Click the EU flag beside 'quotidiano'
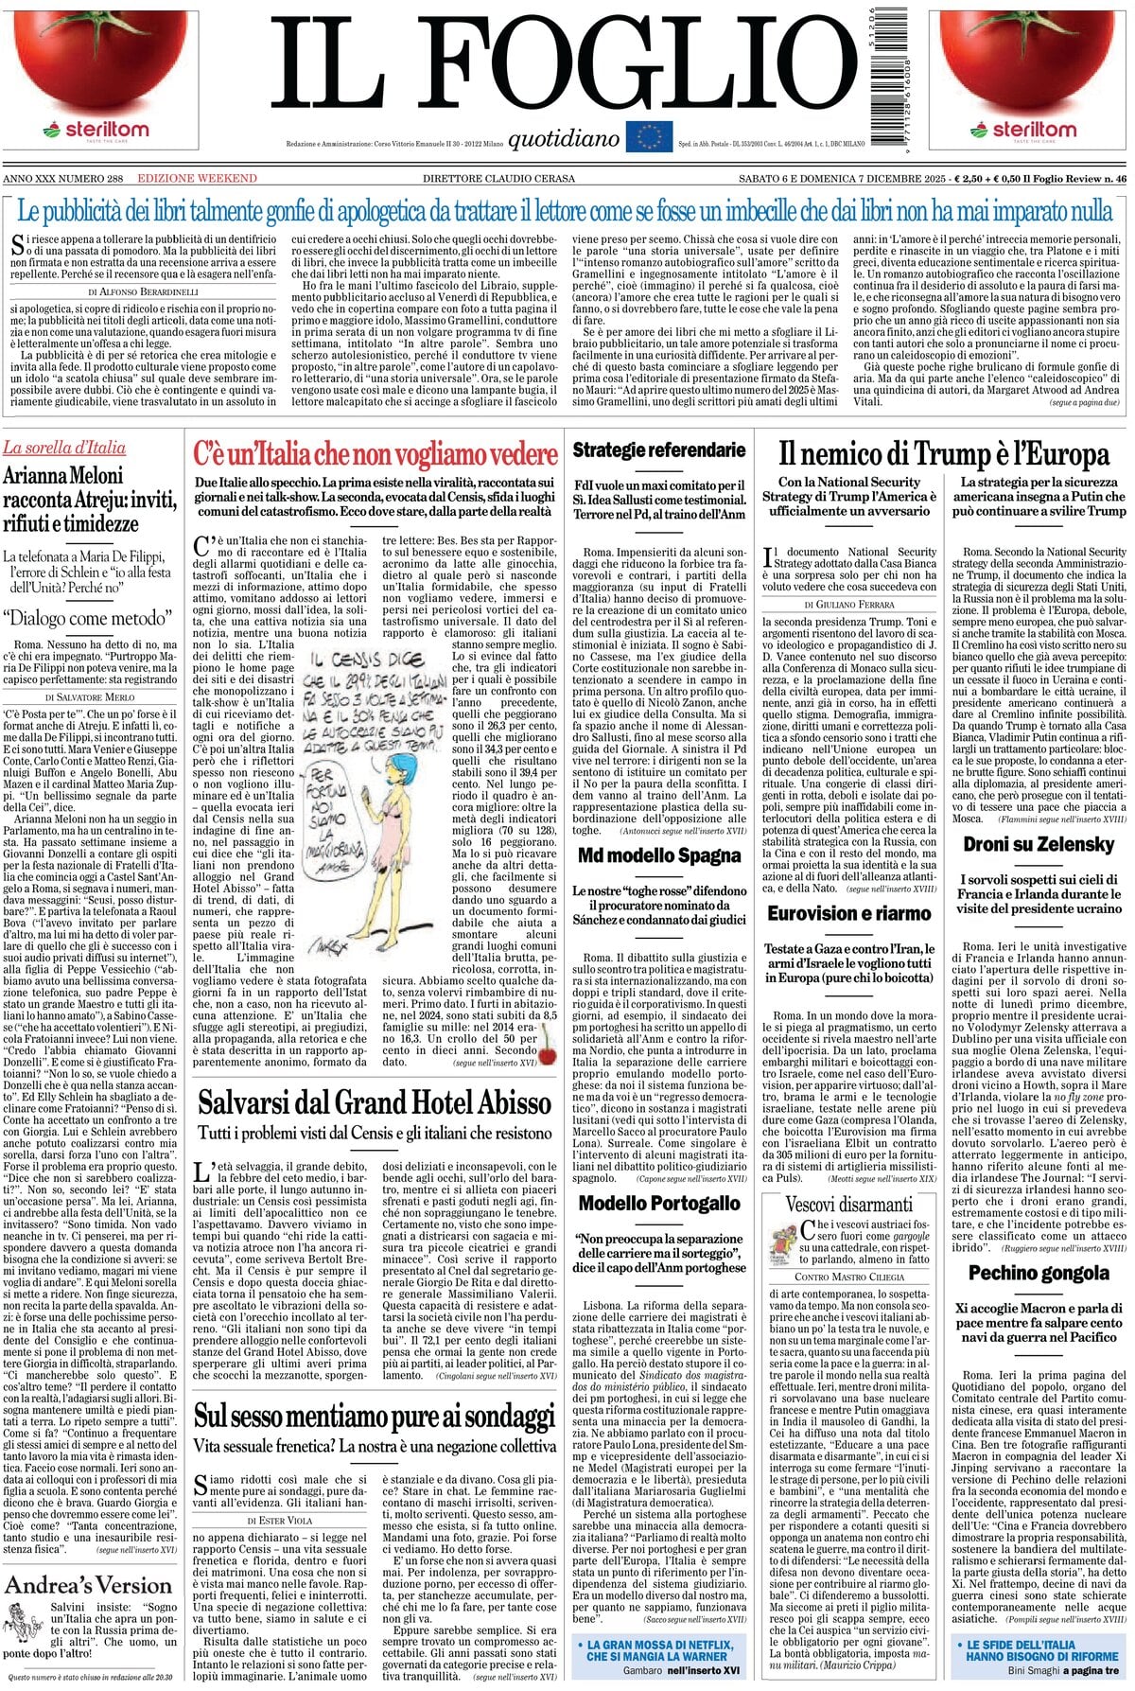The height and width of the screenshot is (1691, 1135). pyautogui.click(x=648, y=136)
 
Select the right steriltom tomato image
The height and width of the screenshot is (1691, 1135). pyautogui.click(x=1031, y=59)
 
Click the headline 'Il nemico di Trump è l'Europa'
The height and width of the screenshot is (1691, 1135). pyautogui.click(x=943, y=455)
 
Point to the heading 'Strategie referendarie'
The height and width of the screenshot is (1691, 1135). pyautogui.click(x=659, y=449)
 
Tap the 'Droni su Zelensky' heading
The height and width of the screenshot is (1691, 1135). pyautogui.click(x=1039, y=844)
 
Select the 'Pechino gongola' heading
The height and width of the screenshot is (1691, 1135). pyautogui.click(x=1039, y=1273)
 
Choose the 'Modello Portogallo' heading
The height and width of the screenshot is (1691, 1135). pyautogui.click(x=659, y=1203)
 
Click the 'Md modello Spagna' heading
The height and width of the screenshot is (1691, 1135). pyautogui.click(x=659, y=855)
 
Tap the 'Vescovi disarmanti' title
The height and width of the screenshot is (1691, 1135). pyautogui.click(x=848, y=1204)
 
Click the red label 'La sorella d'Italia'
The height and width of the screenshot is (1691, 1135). pyautogui.click(x=64, y=448)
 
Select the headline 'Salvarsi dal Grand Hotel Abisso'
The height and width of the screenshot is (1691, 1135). pyautogui.click(x=375, y=1102)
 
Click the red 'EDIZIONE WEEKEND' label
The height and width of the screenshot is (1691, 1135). pyautogui.click(x=197, y=179)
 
